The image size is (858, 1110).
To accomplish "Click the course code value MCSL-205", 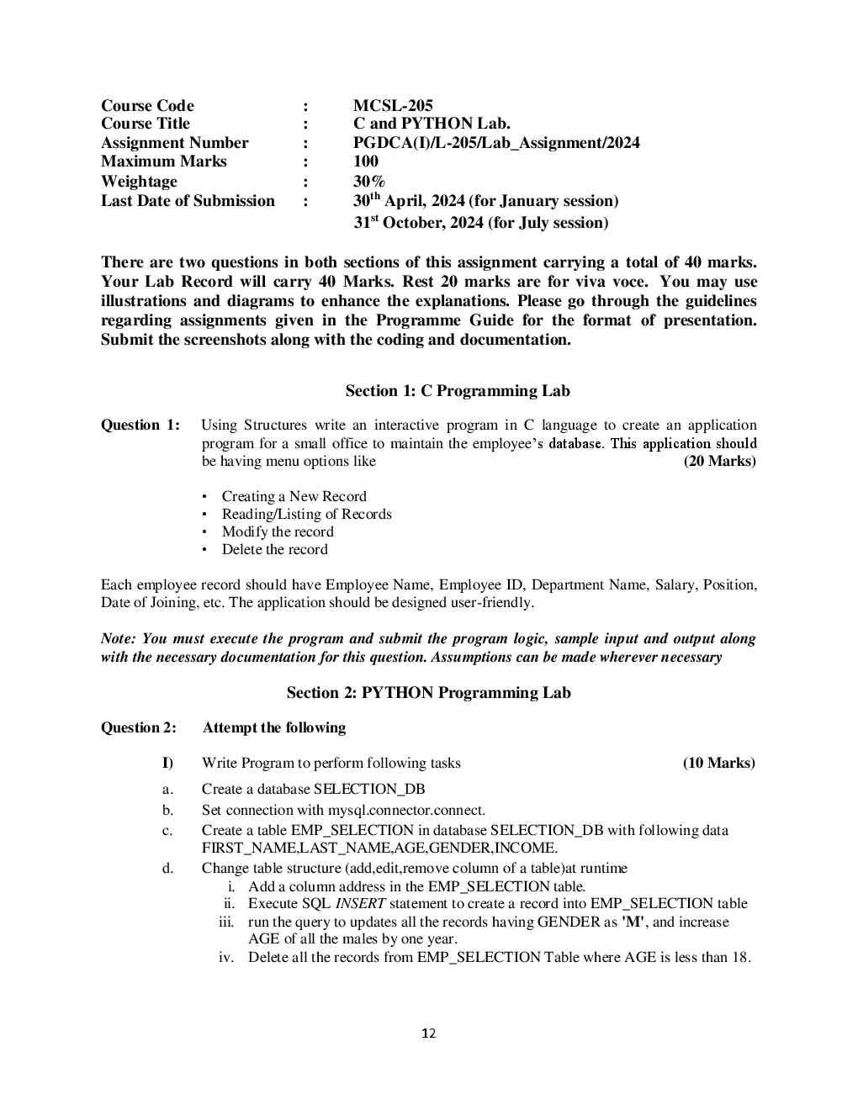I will tap(393, 106).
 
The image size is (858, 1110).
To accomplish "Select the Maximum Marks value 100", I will tap(366, 161).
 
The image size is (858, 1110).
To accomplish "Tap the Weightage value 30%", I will tap(369, 182).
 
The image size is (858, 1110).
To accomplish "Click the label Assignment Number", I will tap(175, 143).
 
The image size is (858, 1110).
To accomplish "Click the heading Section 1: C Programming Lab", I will tap(458, 391).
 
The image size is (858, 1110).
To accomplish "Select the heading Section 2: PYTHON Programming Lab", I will tap(428, 693).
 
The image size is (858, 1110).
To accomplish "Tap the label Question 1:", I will tap(140, 425).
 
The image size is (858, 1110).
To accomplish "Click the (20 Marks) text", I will tap(719, 461).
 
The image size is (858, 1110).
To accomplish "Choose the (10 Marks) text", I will tap(718, 764).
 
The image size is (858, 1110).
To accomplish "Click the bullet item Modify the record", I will tap(278, 532).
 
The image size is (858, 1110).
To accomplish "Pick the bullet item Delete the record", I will tap(275, 550).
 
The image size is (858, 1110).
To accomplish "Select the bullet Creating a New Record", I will tap(294, 497).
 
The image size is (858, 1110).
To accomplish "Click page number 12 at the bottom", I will tap(429, 1033).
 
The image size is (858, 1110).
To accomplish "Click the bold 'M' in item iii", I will tap(633, 922).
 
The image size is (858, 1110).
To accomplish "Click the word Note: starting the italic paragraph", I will tap(119, 639).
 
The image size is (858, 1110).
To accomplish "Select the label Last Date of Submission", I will tap(188, 201).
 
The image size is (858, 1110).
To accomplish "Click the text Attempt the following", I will tap(274, 728).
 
